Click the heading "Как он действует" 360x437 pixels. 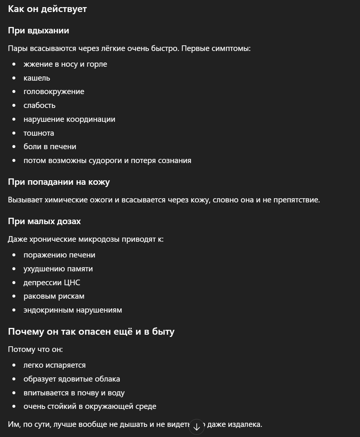[x=47, y=9]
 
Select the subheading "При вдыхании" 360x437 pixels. [x=39, y=31]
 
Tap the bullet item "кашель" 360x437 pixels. [x=37, y=78]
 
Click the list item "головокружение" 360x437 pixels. [x=54, y=91]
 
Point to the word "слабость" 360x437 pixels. [x=39, y=105]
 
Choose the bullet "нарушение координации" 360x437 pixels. [x=69, y=119]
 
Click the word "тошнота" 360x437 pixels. [x=39, y=133]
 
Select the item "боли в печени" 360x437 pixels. [x=50, y=147]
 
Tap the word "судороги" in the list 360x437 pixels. [x=103, y=160]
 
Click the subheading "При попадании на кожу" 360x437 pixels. [x=59, y=182]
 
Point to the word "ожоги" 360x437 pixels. [x=102, y=200]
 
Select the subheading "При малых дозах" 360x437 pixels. [x=44, y=221]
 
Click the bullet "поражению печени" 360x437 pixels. [x=59, y=255]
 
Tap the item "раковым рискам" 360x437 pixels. [x=54, y=296]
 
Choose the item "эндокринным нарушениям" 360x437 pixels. [x=73, y=310]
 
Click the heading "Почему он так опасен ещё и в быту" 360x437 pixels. [x=91, y=332]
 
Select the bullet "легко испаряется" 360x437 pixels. [x=54, y=365]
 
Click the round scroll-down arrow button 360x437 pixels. [x=197, y=427]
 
